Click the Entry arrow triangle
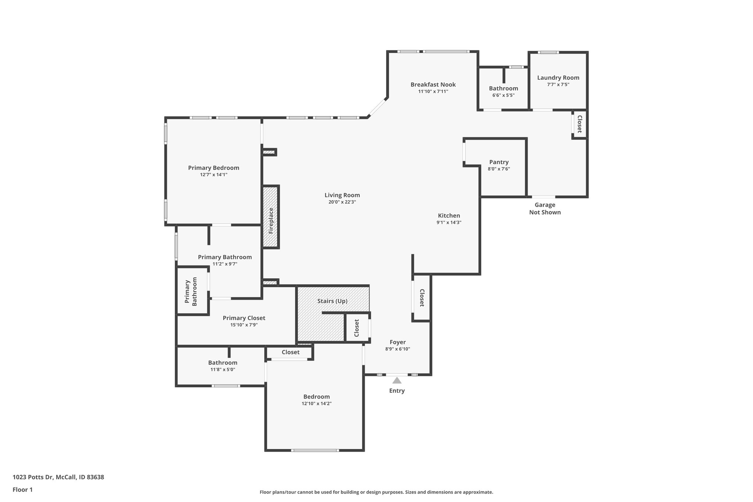397,380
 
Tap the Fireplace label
271,221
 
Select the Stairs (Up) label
332,301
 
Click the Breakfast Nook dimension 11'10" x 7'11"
433,92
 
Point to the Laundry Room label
558,78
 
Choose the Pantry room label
499,162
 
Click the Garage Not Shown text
545,209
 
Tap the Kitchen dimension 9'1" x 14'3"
449,222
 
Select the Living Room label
342,195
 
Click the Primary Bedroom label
214,168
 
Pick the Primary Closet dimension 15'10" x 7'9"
244,325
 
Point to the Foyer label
398,342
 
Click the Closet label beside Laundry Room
579,124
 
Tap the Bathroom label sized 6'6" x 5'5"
503,88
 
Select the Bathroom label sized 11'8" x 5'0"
223,363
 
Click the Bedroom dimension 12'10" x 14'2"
317,403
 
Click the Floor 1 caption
22,489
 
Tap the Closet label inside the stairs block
357,328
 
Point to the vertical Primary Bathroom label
191,292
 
